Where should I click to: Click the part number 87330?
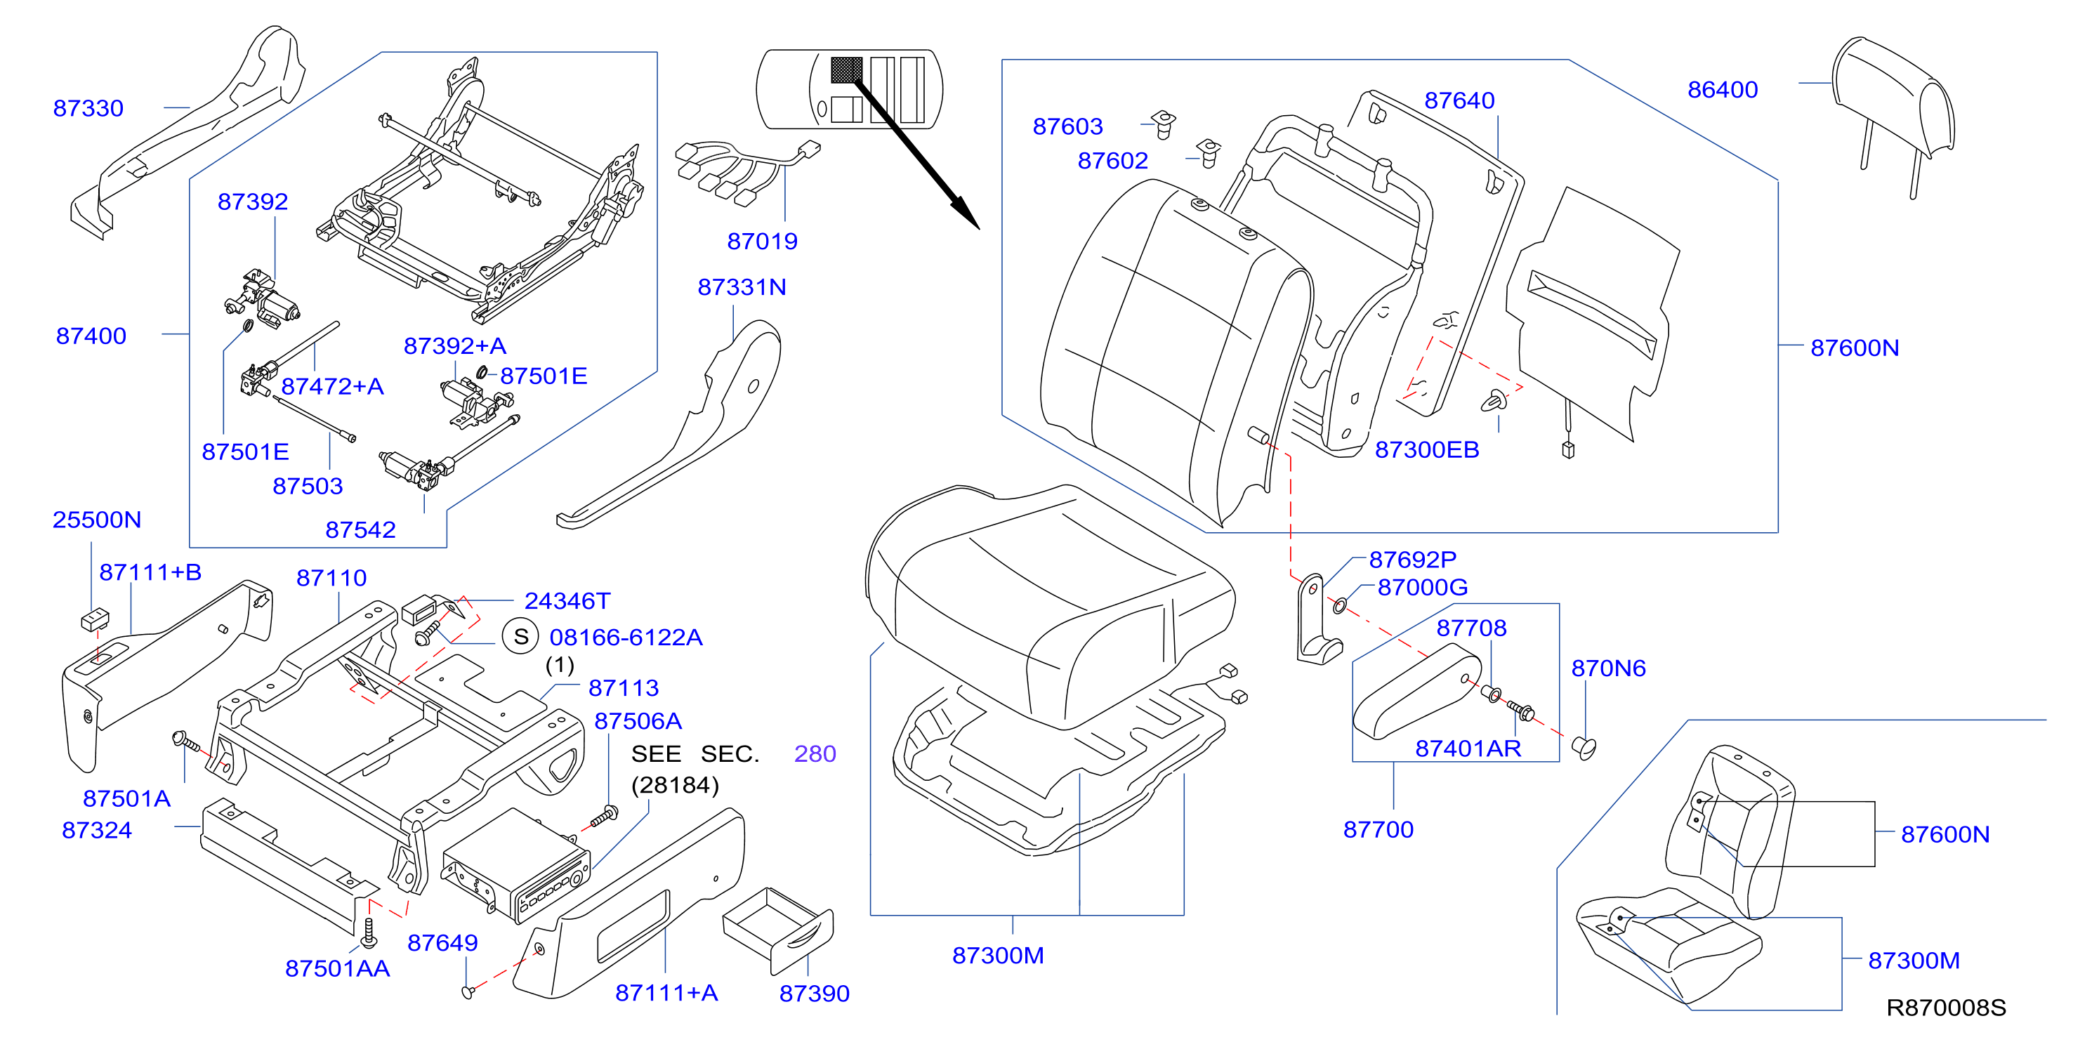(x=88, y=108)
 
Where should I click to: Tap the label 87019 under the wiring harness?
(x=762, y=241)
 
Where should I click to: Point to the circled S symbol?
(x=520, y=636)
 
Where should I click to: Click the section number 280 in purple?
(x=815, y=753)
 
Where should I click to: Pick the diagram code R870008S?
(x=1946, y=1008)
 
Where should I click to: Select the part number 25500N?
(x=97, y=520)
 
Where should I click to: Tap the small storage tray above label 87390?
(x=778, y=930)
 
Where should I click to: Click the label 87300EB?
(x=1427, y=449)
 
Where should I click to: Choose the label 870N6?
(x=1608, y=668)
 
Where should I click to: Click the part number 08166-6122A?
(x=626, y=637)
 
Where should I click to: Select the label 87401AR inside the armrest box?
(x=1468, y=748)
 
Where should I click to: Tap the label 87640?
(x=1459, y=100)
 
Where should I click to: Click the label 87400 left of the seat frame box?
(x=91, y=336)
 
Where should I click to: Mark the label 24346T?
(x=567, y=601)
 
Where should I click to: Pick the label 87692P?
(x=1413, y=560)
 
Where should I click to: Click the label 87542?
(x=360, y=529)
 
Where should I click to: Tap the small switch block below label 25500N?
(x=96, y=619)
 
